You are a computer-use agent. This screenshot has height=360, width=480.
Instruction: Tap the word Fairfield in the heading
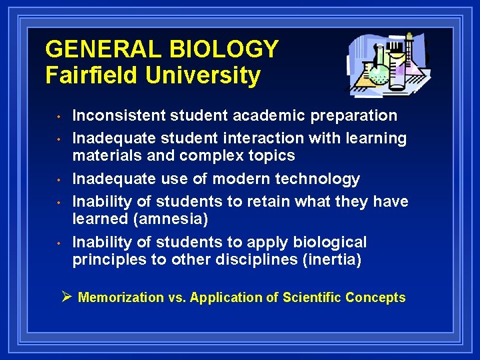pos(93,75)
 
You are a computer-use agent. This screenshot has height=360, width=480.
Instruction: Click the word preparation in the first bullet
pos(353,115)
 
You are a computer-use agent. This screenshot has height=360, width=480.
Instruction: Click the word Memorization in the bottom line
pos(121,297)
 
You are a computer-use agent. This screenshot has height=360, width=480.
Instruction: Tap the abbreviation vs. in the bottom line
pos(177,297)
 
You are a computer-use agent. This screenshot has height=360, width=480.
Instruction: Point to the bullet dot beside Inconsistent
pos(59,117)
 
